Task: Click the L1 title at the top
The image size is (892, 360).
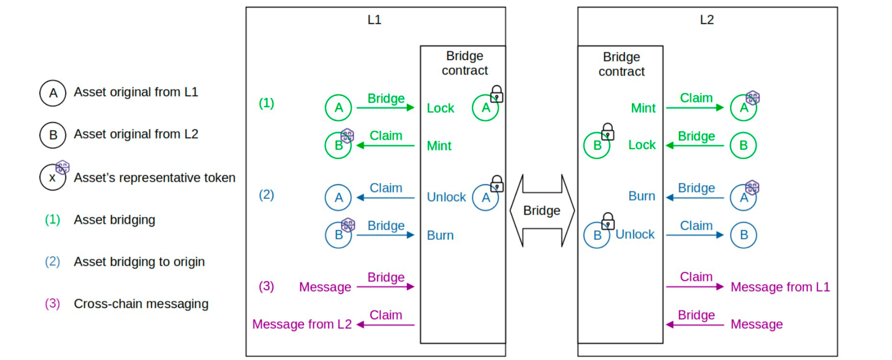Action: tap(374, 20)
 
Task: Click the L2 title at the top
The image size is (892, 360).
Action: tap(707, 20)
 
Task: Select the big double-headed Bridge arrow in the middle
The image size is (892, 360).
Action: tap(542, 211)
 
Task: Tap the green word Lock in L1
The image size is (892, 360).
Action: tap(440, 108)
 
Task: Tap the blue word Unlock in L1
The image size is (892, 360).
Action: tap(446, 197)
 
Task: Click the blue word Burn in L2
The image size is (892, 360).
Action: tap(642, 196)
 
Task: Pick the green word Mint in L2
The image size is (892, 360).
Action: tap(643, 108)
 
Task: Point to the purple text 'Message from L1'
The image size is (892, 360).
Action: tap(780, 287)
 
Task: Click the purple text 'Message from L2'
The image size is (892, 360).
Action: tap(302, 324)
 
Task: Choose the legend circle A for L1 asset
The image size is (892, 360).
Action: tap(53, 93)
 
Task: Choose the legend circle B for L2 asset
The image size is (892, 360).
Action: tap(53, 135)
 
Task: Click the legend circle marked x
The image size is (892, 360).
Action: tap(53, 178)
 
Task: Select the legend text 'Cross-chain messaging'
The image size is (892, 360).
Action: tap(141, 304)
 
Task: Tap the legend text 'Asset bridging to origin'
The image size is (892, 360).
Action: tap(139, 262)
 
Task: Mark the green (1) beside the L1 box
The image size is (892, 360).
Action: tap(266, 103)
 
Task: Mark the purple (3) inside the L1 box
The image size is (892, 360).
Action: tap(266, 286)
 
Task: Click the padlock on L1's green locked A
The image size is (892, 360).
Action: tap(496, 94)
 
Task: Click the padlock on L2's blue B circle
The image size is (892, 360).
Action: tap(608, 221)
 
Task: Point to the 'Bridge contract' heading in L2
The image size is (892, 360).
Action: tap(621, 64)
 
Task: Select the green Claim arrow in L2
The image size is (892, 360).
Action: tap(694, 108)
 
